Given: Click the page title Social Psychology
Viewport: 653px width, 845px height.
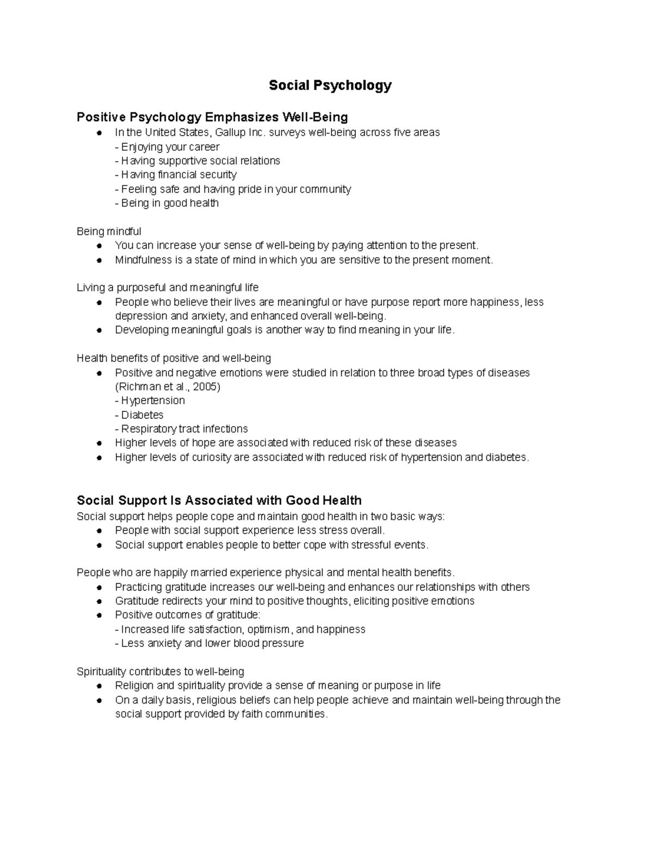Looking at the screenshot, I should tap(330, 85).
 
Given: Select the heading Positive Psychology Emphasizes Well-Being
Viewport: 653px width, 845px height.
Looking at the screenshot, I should tap(212, 117).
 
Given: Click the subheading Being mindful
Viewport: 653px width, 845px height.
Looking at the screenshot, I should tap(109, 232).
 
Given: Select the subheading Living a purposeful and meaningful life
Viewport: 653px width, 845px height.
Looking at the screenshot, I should tap(168, 287).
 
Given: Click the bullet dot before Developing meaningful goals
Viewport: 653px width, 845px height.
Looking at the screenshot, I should tap(98, 330).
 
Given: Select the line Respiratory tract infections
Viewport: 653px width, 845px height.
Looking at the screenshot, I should tap(181, 429).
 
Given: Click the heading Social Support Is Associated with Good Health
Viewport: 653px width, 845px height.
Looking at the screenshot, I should tap(219, 500).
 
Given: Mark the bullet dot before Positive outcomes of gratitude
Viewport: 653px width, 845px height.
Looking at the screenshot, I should tap(98, 615).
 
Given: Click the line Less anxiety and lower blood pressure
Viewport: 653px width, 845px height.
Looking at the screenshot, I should tap(210, 643).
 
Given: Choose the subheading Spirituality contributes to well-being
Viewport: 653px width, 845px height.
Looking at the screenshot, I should tap(161, 671).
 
